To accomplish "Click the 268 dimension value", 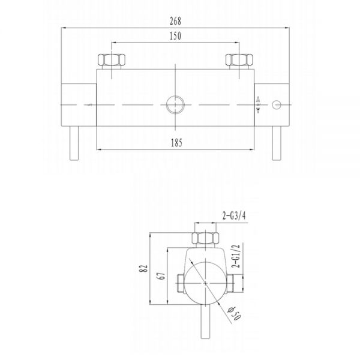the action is coord(175,21).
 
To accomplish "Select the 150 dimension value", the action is coord(175,36).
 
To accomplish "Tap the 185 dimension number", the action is coord(176,143).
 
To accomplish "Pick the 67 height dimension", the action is coord(161,276).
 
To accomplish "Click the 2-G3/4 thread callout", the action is coord(234,215).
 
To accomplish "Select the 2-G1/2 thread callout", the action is coord(236,256).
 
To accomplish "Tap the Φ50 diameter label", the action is coord(234,313).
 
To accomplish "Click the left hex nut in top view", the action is coord(112,59).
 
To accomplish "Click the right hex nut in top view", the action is coord(239,59).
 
